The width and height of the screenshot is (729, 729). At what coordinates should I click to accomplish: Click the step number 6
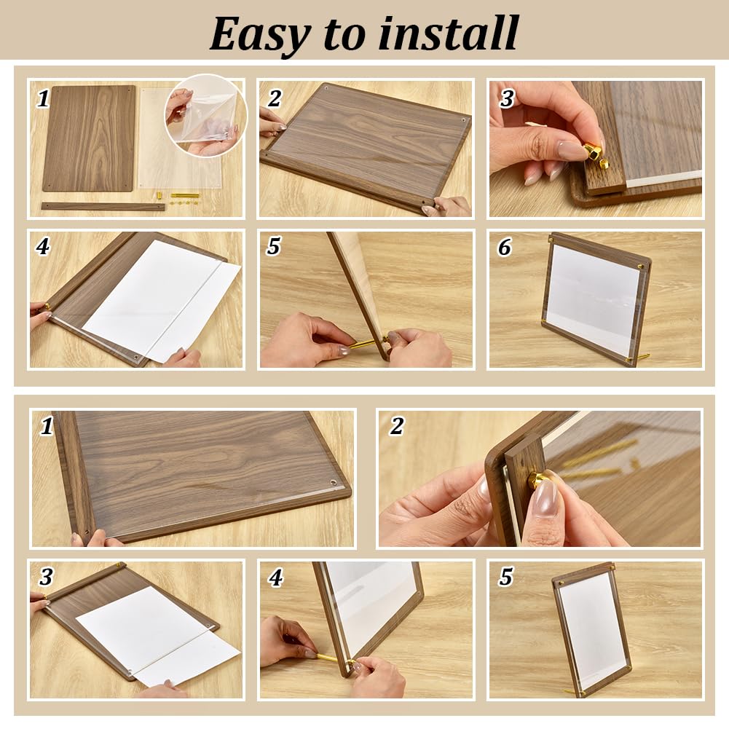(x=505, y=247)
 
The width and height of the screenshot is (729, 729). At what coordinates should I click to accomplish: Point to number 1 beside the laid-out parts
(x=43, y=98)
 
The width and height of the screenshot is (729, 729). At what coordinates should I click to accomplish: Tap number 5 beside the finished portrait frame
(x=506, y=577)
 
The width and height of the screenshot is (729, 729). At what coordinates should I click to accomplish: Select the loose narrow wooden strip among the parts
(x=103, y=206)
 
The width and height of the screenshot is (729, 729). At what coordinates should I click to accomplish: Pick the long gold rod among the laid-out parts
(x=185, y=195)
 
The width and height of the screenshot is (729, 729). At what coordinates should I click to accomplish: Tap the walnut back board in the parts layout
(x=89, y=138)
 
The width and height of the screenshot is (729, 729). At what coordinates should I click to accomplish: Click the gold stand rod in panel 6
(x=643, y=357)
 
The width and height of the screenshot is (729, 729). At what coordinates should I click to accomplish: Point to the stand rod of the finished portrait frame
(x=572, y=691)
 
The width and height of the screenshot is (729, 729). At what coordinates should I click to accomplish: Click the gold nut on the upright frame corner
(x=540, y=478)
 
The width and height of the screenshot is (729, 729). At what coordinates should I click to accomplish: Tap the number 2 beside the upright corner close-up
(x=397, y=425)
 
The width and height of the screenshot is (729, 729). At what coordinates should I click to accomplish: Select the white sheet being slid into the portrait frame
(x=158, y=634)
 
